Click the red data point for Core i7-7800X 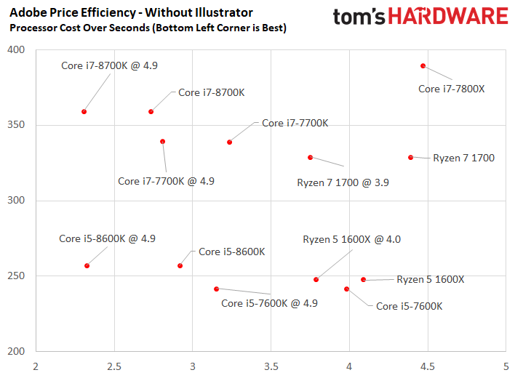(423, 66)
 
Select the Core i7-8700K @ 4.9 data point (84, 112)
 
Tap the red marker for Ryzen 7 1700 (410, 158)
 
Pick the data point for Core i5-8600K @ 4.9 (87, 266)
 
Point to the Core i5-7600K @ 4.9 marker (217, 289)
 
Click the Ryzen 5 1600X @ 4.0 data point (316, 280)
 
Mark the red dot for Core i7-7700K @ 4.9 (163, 142)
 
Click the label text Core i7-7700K (295, 123)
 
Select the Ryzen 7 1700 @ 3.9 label (343, 182)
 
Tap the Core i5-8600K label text (232, 252)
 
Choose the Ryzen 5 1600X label (431, 279)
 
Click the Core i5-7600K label (410, 306)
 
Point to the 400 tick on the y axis (16, 50)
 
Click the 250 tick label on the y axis (16, 276)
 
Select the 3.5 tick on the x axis (271, 366)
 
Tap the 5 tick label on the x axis (506, 366)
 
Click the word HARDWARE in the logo (448, 17)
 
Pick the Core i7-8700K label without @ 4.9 (212, 92)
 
